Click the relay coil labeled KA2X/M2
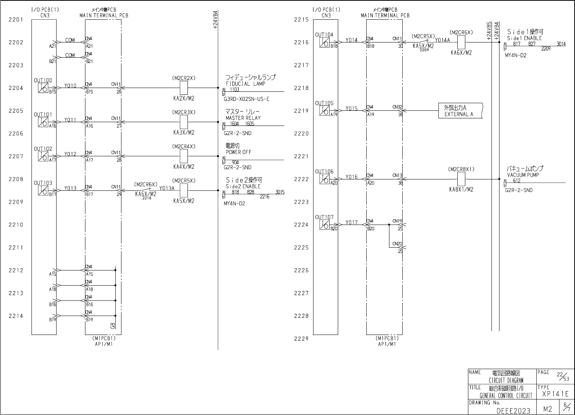pyautogui.click(x=183, y=88)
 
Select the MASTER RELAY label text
pyautogui.click(x=243, y=118)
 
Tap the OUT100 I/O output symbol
pyautogui.click(x=43, y=88)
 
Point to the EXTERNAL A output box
pyautogui.click(x=460, y=111)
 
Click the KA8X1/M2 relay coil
pyautogui.click(x=461, y=179)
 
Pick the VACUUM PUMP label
pyautogui.click(x=523, y=175)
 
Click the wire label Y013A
pyautogui.click(x=167, y=188)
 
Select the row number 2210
pyautogui.click(x=16, y=225)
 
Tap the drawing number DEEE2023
pyautogui.click(x=513, y=410)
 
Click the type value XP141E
pyautogui.click(x=555, y=395)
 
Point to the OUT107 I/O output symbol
pyautogui.click(x=324, y=225)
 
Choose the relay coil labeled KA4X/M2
pyautogui.click(x=183, y=156)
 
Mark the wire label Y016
pyautogui.click(x=351, y=177)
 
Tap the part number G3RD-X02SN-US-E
pyautogui.click(x=246, y=99)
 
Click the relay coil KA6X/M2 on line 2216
pyautogui.click(x=461, y=42)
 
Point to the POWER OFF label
pyautogui.click(x=238, y=152)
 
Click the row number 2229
pyautogui.click(x=301, y=339)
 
